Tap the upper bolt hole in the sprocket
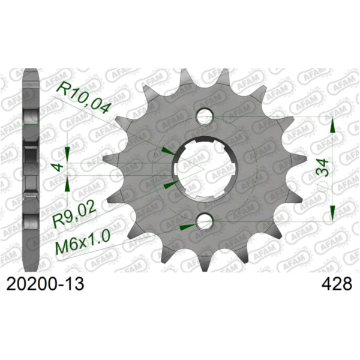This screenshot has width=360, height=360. click(x=206, y=115)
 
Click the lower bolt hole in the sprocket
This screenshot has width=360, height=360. click(x=206, y=223)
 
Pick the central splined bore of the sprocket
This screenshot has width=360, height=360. click(x=203, y=169)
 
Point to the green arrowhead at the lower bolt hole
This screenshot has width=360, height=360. click(x=188, y=226)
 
